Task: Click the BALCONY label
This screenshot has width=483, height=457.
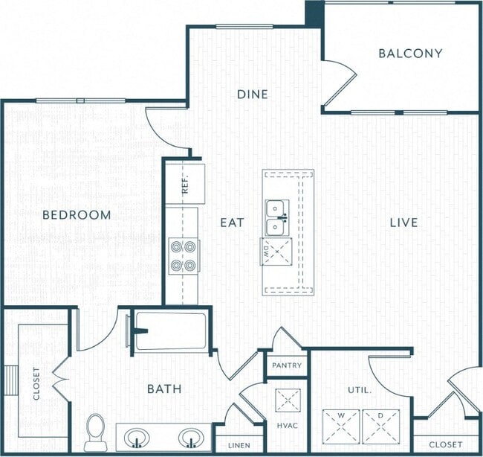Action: (x=409, y=54)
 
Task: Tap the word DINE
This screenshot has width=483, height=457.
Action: (x=252, y=95)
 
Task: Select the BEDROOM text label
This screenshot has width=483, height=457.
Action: (x=77, y=215)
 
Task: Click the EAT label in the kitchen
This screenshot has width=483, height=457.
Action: (x=228, y=222)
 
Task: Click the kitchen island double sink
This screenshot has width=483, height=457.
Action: (x=276, y=217)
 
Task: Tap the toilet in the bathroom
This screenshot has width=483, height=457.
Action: (x=96, y=431)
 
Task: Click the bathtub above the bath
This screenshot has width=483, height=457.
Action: (x=170, y=330)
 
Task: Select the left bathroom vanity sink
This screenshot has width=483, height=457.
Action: (x=135, y=437)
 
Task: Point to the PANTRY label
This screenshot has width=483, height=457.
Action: (x=286, y=365)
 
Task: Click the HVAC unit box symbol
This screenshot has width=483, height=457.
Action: (x=286, y=400)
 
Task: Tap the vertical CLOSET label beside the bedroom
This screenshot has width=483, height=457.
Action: (x=36, y=383)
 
